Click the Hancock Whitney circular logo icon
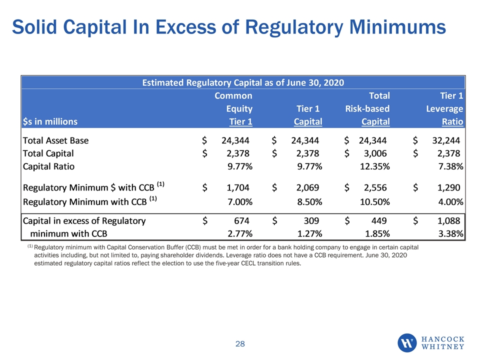(x=407, y=343)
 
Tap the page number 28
(x=240, y=344)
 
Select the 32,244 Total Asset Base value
(x=446, y=140)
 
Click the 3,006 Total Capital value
(x=375, y=153)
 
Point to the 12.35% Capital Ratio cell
(x=375, y=166)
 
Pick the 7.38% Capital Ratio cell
(x=450, y=166)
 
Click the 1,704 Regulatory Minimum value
(x=238, y=187)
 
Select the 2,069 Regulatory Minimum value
(x=307, y=187)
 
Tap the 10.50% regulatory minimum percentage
(x=375, y=202)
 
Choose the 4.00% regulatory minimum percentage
(x=450, y=202)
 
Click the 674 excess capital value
(x=242, y=220)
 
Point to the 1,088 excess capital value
(x=449, y=220)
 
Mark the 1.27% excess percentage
(x=310, y=234)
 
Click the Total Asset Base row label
(x=55, y=140)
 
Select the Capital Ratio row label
(x=48, y=166)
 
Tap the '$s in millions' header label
(x=50, y=122)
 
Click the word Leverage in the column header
(x=444, y=109)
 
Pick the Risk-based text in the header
(x=367, y=108)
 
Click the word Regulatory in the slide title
(x=294, y=27)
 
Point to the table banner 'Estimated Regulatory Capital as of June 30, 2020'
(x=243, y=82)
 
